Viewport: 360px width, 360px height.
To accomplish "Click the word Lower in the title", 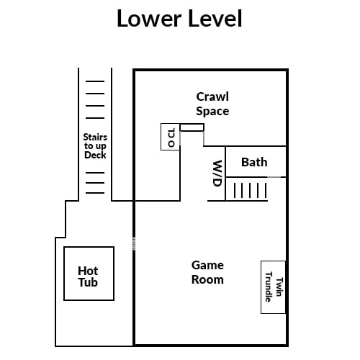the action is [149, 19].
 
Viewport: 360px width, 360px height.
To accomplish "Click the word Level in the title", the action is [215, 19].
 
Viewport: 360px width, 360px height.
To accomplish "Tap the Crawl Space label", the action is [212, 104].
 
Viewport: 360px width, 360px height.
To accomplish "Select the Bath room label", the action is [254, 162].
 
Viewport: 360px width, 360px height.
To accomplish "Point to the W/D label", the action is [217, 174].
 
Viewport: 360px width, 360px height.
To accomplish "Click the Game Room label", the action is [207, 273].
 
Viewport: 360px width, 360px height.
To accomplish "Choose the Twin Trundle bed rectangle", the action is [273, 287].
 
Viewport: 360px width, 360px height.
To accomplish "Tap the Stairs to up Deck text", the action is [95, 146].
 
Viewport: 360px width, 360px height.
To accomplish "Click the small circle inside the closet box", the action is [171, 144].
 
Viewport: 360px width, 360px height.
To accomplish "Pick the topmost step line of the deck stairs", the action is [95, 81].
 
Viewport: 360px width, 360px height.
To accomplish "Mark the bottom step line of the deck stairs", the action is [95, 193].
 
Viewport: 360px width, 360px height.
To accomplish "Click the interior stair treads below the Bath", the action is [250, 190].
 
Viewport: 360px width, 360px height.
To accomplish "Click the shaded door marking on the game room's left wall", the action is [134, 243].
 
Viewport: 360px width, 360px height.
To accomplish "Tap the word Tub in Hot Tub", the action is [88, 282].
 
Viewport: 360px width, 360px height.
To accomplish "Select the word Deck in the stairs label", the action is [95, 155].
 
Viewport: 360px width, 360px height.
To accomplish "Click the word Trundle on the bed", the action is [269, 287].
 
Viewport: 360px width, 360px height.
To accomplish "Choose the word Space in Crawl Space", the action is [212, 112].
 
